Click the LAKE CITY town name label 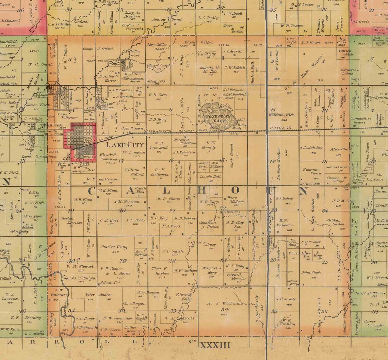121,145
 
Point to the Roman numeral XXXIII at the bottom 215,345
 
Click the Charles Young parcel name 114,247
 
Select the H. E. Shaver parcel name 169,200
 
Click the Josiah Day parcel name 312,150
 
